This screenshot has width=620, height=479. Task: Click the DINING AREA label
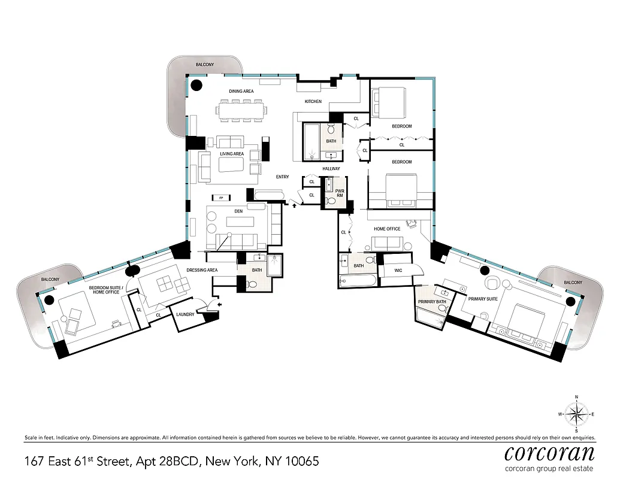(241, 91)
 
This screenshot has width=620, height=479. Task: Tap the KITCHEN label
(313, 102)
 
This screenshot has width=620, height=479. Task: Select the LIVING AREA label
(232, 154)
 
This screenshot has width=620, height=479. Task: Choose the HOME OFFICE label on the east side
(387, 229)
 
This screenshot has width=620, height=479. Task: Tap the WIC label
(398, 271)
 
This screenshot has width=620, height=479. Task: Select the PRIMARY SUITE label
(483, 298)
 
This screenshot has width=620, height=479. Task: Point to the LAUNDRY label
(186, 313)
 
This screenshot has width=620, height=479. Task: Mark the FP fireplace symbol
(221, 197)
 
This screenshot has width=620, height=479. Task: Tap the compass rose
(576, 414)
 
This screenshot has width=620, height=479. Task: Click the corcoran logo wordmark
(549, 451)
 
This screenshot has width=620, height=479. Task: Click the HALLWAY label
(331, 169)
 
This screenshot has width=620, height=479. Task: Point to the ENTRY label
(282, 177)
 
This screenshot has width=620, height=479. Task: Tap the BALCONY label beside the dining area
(205, 64)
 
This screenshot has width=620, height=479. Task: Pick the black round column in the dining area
(196, 86)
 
